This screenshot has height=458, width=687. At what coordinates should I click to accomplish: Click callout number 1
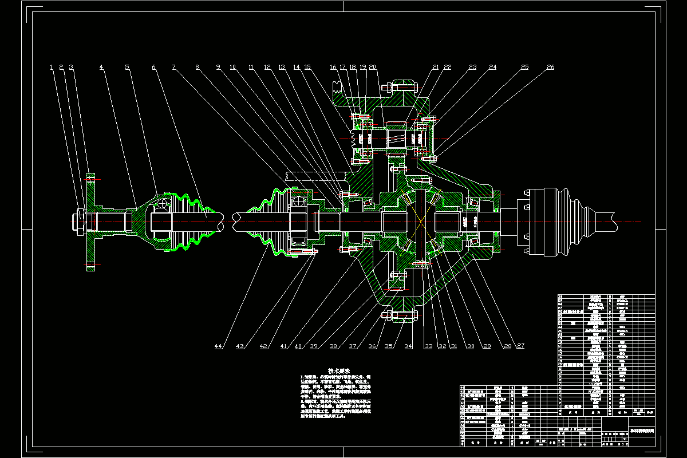(52, 68)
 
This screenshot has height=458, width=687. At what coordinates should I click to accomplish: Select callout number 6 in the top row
(153, 68)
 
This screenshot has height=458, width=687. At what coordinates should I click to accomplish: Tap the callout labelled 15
(307, 68)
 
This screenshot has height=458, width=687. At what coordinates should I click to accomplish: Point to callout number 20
(373, 68)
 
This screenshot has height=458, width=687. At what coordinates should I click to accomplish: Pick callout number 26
(550, 68)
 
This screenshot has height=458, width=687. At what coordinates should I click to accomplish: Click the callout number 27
(520, 346)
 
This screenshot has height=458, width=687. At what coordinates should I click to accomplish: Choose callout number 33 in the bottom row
(428, 346)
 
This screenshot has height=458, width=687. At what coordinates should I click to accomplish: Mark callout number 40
(298, 346)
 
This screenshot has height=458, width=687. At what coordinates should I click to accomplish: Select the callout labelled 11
(251, 68)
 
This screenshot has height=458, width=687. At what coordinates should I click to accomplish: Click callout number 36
(372, 346)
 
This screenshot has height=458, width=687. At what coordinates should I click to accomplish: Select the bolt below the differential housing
(401, 314)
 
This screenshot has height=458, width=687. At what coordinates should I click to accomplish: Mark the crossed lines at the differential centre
(421, 221)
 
